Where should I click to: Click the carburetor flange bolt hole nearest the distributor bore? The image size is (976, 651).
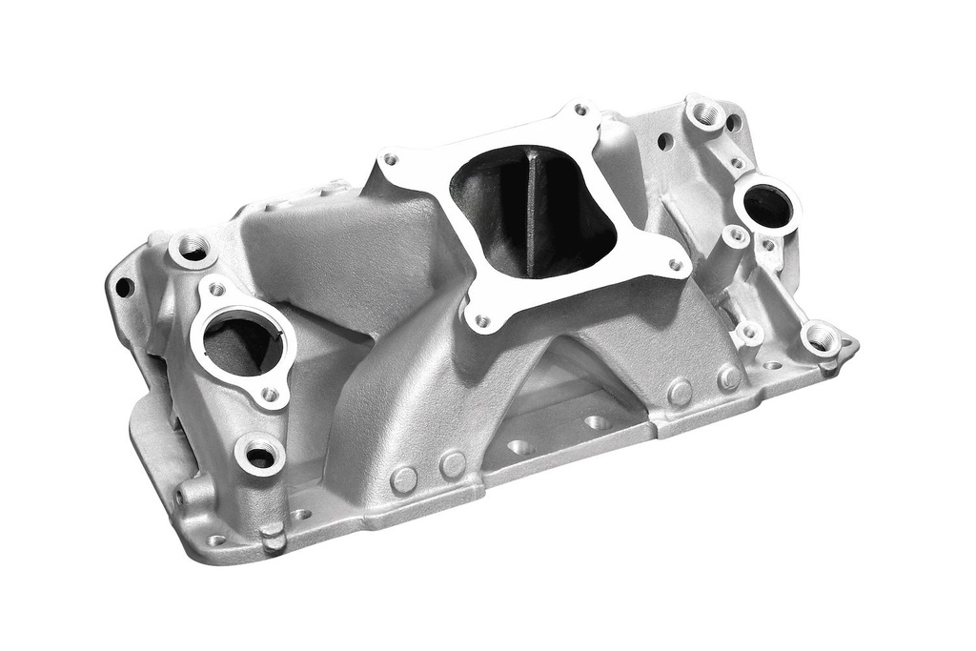click(x=676, y=265)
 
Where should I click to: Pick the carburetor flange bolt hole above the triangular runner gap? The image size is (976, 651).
click(x=482, y=321)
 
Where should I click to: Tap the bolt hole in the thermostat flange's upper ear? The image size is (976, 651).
click(x=216, y=289)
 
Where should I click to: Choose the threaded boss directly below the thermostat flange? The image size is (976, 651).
click(x=260, y=457)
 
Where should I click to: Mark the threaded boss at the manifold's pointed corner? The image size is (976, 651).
click(x=822, y=339)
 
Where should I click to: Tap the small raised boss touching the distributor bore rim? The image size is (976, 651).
click(x=735, y=235)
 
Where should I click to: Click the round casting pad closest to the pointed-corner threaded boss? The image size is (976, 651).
click(x=729, y=378)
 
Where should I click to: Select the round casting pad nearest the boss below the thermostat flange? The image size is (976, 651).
click(x=404, y=479)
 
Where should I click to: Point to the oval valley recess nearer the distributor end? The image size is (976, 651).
click(x=598, y=421)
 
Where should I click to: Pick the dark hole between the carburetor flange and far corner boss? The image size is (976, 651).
click(x=664, y=142)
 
